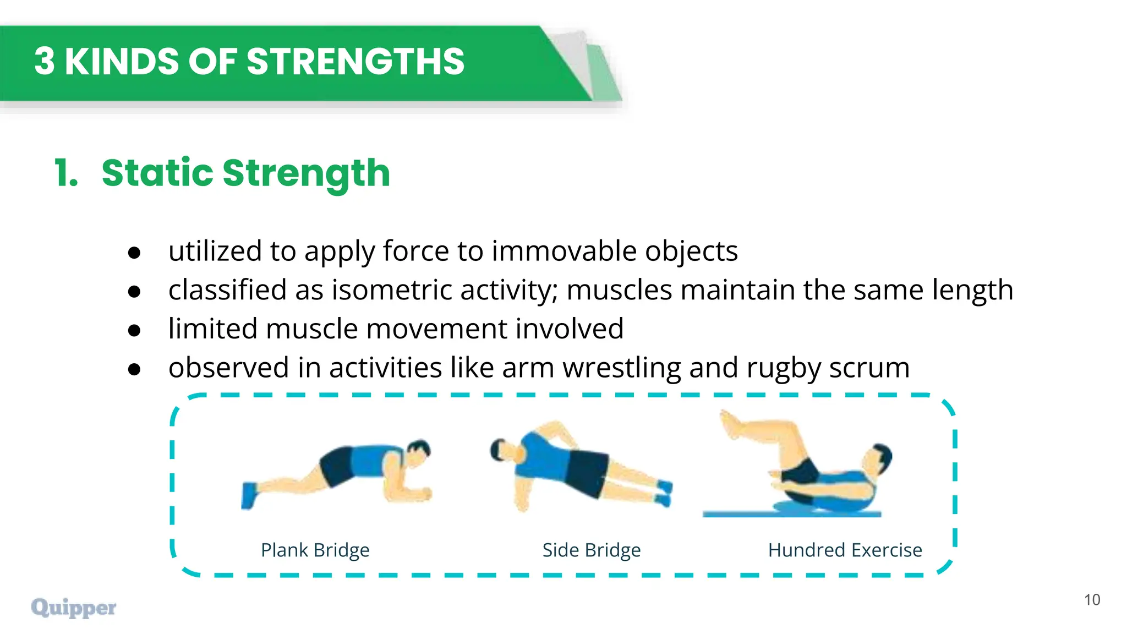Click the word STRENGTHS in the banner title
click(355, 61)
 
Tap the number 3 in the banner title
click(44, 61)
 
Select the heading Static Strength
click(245, 173)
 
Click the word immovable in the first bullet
click(564, 251)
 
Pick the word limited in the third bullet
click(212, 329)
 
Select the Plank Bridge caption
click(315, 550)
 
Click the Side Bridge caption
click(592, 550)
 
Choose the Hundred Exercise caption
click(845, 550)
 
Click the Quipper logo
click(74, 607)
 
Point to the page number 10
click(1092, 599)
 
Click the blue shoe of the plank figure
click(249, 495)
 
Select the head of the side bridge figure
click(502, 449)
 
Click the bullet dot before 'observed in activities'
click(134, 369)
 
